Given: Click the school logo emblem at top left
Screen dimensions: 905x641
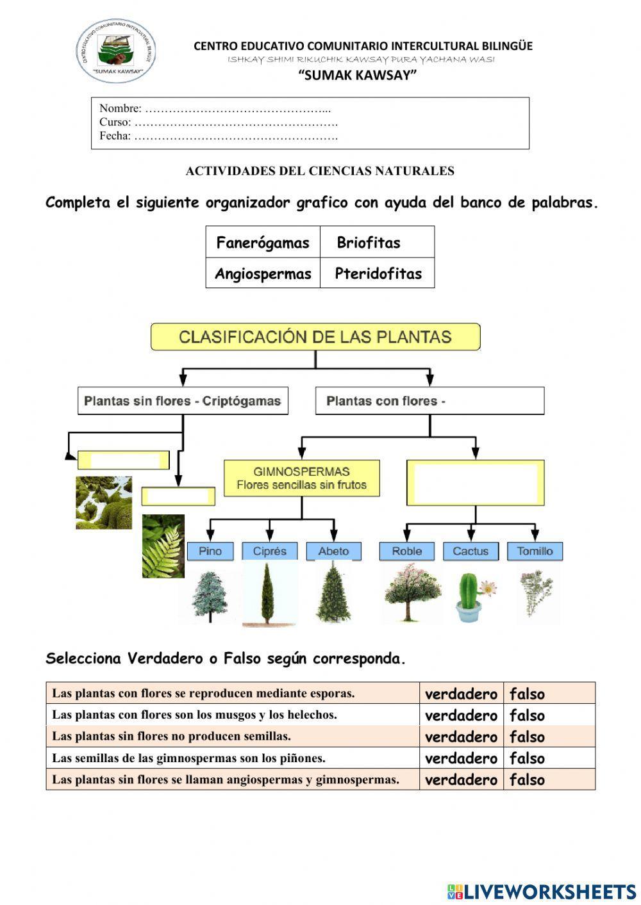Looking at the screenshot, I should pos(116,51).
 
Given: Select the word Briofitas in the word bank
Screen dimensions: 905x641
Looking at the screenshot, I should pos(369,243).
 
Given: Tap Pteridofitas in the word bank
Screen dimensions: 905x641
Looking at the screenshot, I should pos(378,273).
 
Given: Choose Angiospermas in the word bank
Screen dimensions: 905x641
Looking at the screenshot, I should pos(263,273).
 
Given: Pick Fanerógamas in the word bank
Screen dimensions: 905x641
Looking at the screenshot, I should pos(263,243).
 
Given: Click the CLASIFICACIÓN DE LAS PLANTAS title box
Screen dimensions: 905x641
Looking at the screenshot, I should pos(315,337).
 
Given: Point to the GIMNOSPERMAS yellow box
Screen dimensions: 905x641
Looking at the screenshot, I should pos(301,478).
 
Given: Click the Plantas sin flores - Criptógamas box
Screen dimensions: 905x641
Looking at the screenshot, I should pos(183,401).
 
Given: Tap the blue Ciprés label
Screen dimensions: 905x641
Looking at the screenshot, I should pos(270,551).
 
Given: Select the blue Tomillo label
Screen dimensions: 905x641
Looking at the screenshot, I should pos(535,551).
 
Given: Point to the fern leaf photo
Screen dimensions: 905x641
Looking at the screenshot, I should pos(163,546).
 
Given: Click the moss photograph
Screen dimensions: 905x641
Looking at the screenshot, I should pos(104,503).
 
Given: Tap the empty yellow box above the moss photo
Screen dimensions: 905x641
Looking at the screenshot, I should pos(124,460).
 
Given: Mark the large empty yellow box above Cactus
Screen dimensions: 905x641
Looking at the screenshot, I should pos(476,482).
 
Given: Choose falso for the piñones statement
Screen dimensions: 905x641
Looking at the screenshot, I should pos(527,758).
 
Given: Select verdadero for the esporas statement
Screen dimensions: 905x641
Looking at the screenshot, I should pos(461,694).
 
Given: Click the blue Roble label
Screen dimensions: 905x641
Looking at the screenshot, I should pos(407,551).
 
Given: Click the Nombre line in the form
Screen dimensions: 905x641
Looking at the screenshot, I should pos(215,109).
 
